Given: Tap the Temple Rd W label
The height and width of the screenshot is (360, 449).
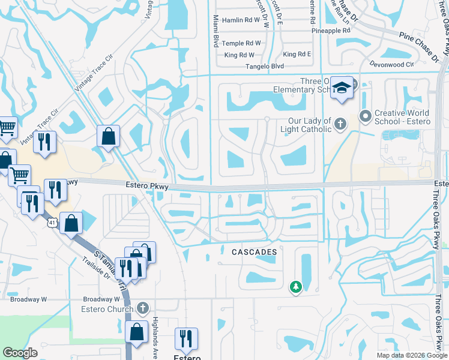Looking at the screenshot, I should pos(241,43).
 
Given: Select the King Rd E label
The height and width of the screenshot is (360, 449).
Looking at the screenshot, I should pos(297,55).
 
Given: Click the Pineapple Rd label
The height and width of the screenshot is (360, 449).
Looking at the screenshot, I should pos(330,30).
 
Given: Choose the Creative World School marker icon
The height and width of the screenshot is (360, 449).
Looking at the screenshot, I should pos(364,115).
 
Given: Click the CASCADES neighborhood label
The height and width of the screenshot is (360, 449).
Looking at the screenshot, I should pos(255,253).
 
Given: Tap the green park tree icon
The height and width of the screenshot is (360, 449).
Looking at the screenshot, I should pos(295,288).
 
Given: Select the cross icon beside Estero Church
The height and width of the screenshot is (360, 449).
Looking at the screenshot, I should pos(142,308).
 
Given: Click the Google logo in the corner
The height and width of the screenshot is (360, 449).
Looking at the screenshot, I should pos(20,353).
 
